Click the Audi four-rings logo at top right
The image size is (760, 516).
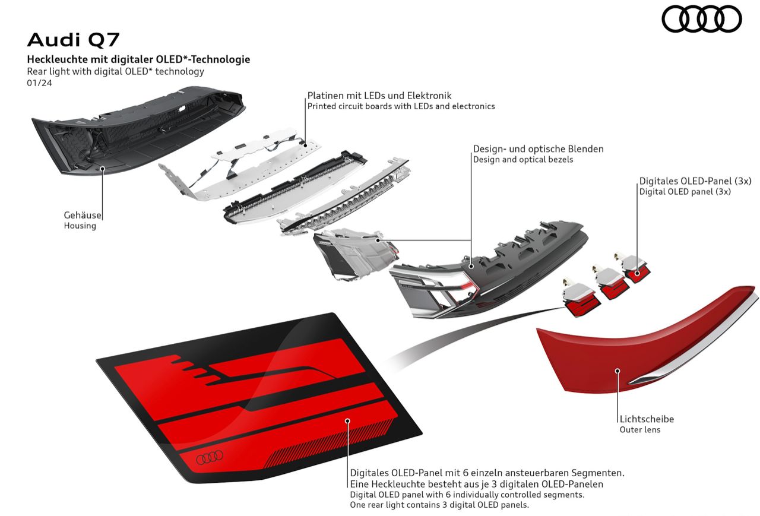(x=702, y=19)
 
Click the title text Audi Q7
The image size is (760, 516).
(x=73, y=40)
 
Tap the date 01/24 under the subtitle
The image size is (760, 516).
(x=39, y=83)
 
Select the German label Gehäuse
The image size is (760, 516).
(x=83, y=215)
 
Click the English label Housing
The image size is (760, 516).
(x=80, y=226)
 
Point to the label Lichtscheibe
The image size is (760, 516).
(x=647, y=419)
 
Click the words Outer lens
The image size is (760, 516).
(x=640, y=430)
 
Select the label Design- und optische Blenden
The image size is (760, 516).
(x=539, y=149)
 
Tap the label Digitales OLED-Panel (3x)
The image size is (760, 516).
(x=695, y=181)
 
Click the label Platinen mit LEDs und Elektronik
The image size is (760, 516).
(x=379, y=96)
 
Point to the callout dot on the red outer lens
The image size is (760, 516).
(x=617, y=371)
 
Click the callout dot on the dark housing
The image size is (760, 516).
(x=103, y=168)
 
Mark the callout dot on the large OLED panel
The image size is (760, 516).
(x=347, y=421)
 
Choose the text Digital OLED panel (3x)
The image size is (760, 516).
(x=685, y=192)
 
